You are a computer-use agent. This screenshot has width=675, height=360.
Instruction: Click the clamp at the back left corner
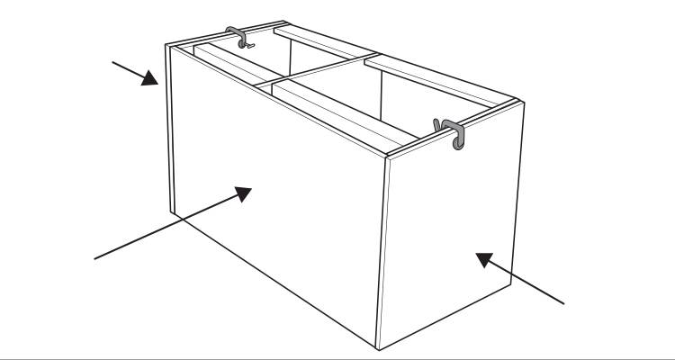pos(238,37)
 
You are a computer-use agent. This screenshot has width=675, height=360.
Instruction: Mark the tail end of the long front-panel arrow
pos(95,258)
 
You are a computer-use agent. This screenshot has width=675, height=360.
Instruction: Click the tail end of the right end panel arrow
pos(565,303)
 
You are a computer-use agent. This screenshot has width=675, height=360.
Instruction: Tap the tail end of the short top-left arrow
pos(112,63)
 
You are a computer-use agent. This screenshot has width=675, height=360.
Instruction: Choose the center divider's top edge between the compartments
pos(315,71)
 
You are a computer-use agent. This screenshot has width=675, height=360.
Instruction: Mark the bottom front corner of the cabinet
pos(378,347)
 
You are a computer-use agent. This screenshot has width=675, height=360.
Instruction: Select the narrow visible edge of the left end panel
pos(169,126)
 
